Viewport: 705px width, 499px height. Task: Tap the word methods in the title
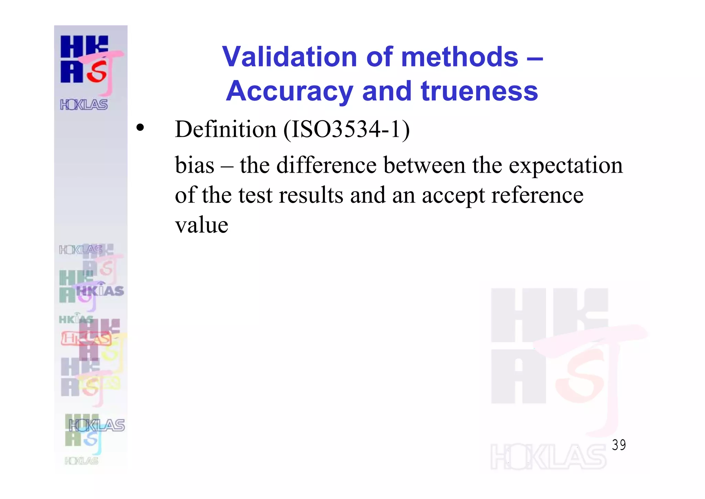(460, 57)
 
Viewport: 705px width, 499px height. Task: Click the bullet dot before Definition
(140, 128)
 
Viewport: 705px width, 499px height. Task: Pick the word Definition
(225, 129)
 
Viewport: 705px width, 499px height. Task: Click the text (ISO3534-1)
(347, 130)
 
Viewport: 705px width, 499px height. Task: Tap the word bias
(194, 165)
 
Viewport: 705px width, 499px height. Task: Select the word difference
(326, 165)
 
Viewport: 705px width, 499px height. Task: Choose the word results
(311, 195)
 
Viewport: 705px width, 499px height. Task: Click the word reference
(537, 195)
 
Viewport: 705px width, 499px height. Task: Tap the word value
(201, 225)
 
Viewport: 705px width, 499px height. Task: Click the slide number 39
(619, 445)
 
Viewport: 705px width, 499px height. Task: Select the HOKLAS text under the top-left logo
(84, 104)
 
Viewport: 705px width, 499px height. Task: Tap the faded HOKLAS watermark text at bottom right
(548, 457)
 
